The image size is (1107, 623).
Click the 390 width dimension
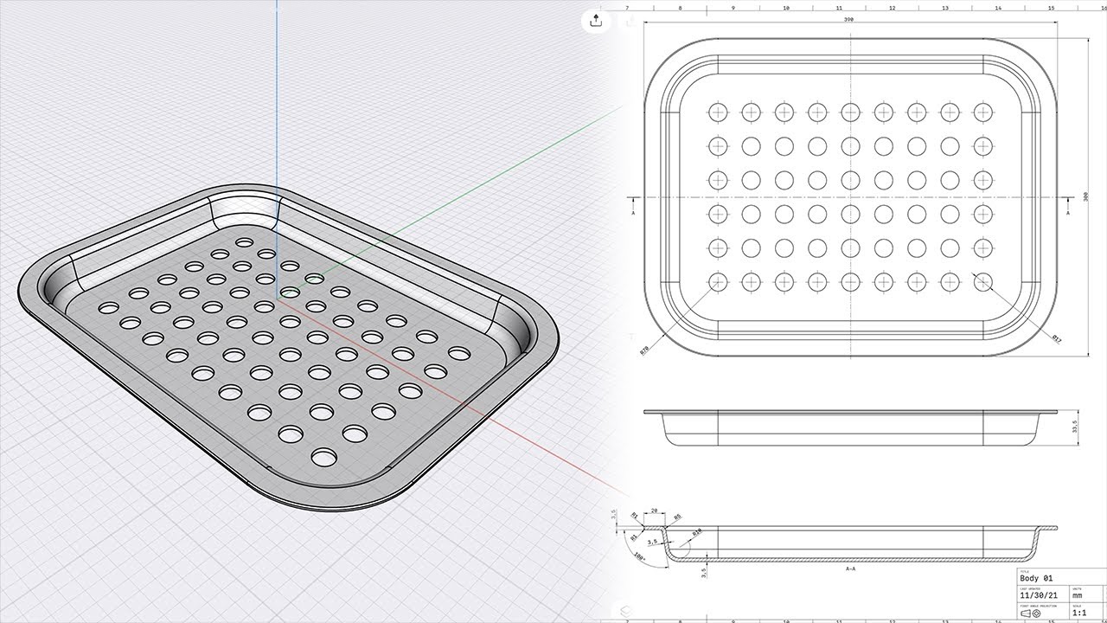point(851,21)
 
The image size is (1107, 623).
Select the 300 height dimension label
point(1086,196)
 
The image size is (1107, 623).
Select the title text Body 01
point(1037,578)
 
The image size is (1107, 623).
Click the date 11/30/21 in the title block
point(1039,595)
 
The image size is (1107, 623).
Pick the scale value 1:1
point(1079,613)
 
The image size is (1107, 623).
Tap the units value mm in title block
point(1078,595)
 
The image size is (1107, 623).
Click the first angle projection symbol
point(1031,613)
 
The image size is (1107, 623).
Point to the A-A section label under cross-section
point(850,569)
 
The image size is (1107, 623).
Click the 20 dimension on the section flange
point(654,511)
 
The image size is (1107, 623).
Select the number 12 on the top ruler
point(892,8)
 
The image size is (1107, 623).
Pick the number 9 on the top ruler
point(733,8)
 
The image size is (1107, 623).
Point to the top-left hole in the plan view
point(717,112)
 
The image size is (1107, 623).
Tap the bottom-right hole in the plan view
point(982,281)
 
